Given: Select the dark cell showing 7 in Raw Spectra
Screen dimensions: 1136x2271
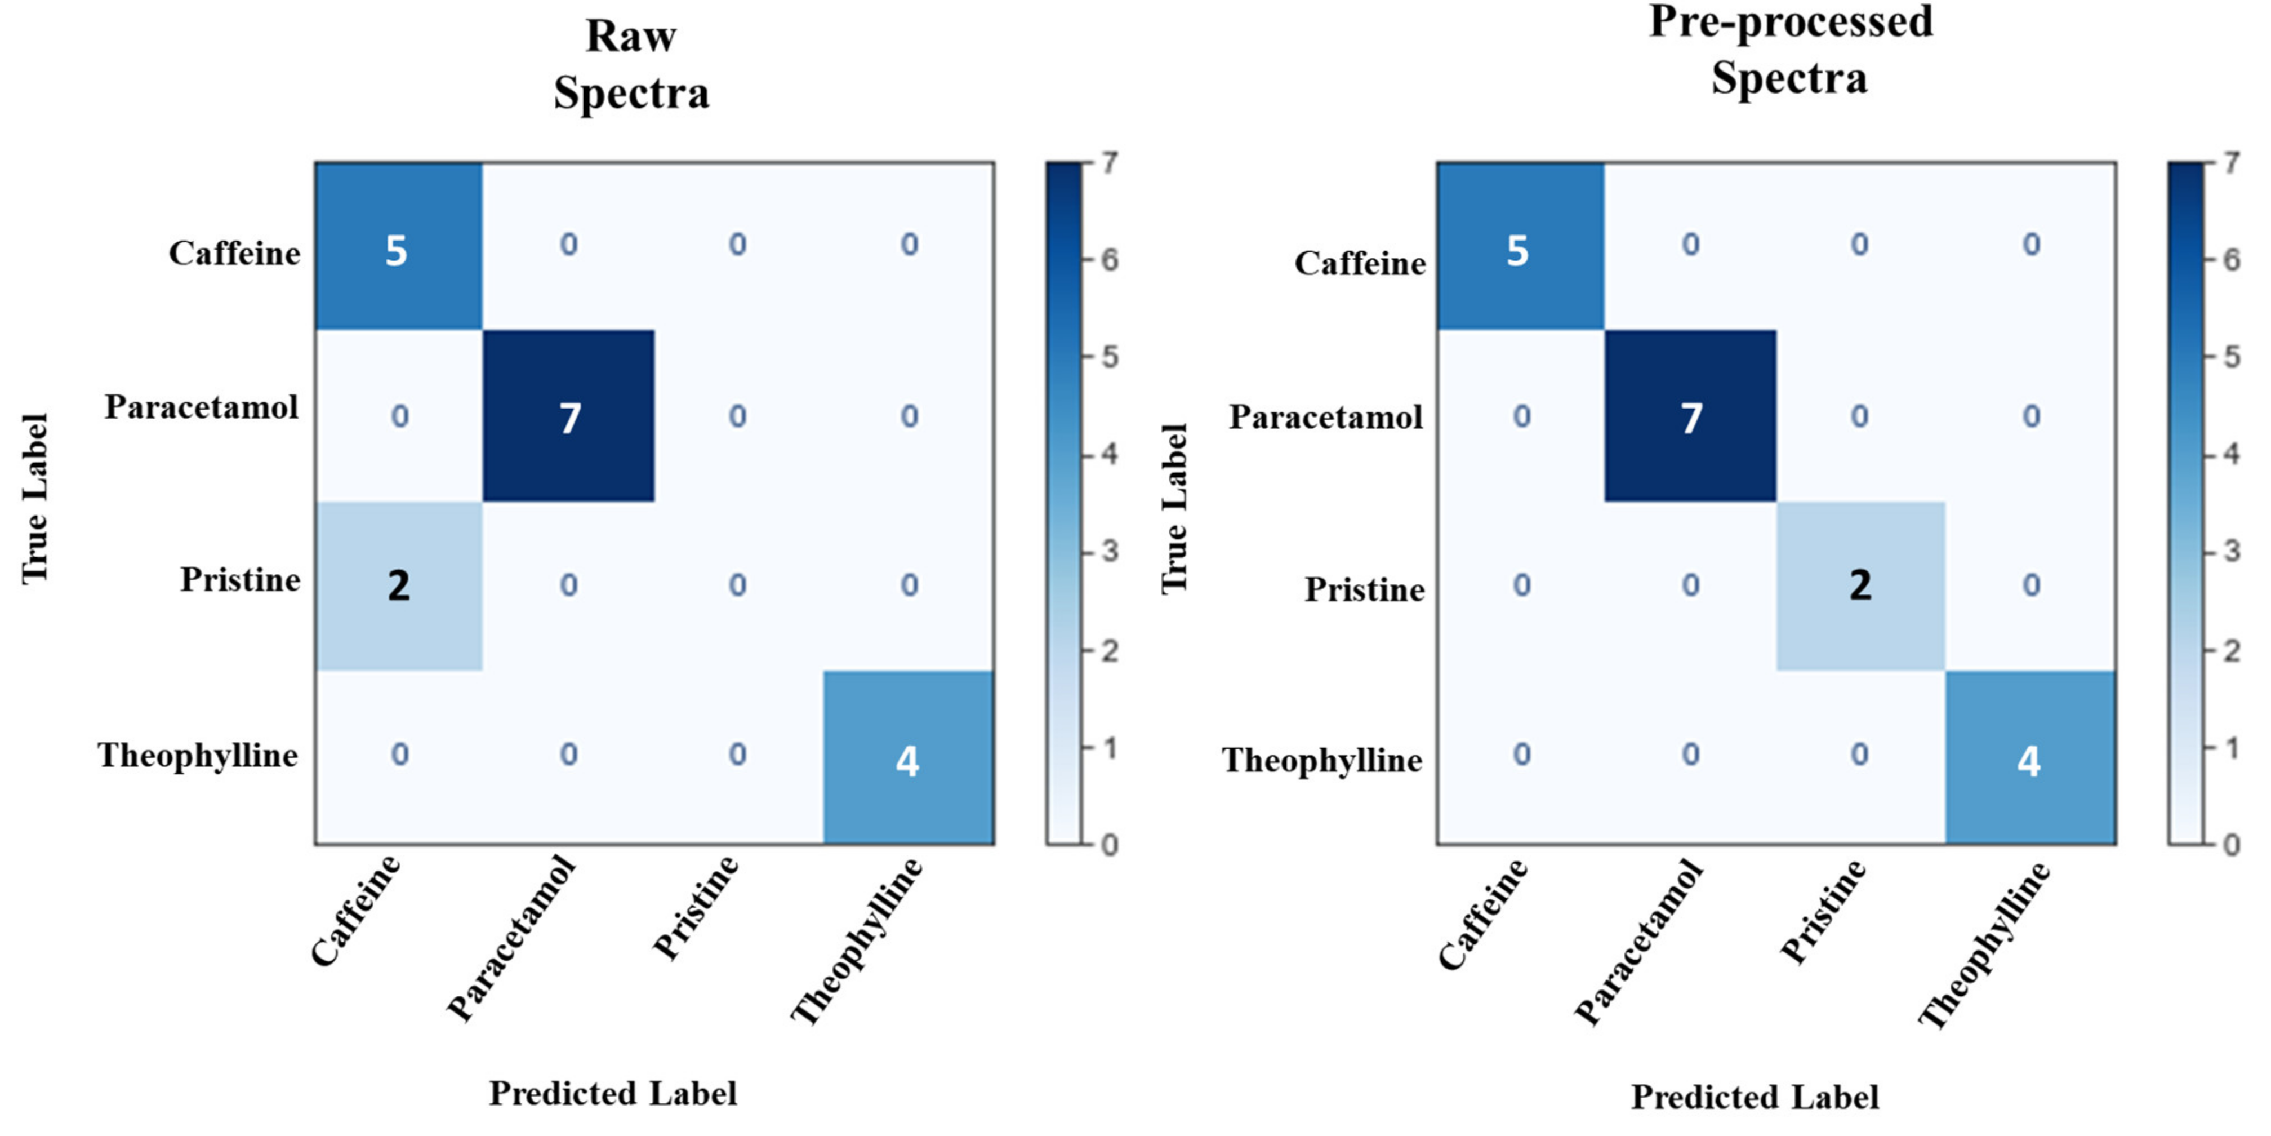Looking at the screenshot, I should pyautogui.click(x=569, y=416).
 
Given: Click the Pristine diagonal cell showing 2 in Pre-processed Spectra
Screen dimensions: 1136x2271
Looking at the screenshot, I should pyautogui.click(x=1860, y=585).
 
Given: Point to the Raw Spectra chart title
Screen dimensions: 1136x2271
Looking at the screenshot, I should pyautogui.click(x=631, y=65).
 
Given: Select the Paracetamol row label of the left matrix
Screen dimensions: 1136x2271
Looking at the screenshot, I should pyautogui.click(x=202, y=407).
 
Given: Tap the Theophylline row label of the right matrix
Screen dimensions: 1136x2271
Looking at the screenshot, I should pyautogui.click(x=1321, y=760).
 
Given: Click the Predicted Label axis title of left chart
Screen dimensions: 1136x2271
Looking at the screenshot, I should pyautogui.click(x=613, y=1094).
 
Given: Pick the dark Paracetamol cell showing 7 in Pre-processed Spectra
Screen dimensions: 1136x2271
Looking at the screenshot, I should pyautogui.click(x=1690, y=416).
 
